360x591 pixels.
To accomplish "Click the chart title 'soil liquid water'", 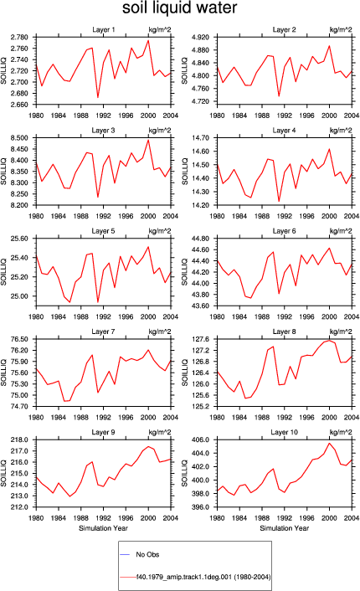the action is [x=179, y=8].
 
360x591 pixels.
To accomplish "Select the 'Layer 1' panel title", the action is [x=104, y=29].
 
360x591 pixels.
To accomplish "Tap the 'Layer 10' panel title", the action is [x=284, y=432].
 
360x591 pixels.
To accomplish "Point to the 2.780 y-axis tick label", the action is [x=19, y=37].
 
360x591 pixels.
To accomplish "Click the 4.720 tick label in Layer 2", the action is [x=201, y=101].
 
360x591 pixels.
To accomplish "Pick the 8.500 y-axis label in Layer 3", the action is [x=19, y=138].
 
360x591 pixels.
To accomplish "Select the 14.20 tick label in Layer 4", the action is [x=201, y=205].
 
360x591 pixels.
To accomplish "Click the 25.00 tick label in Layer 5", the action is [x=19, y=296].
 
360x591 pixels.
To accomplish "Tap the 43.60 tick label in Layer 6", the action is [x=201, y=306].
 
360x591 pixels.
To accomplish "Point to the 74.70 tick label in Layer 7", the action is [x=19, y=406].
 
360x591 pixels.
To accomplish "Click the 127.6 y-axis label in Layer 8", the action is [x=201, y=339].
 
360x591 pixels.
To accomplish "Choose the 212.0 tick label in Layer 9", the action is [x=19, y=507].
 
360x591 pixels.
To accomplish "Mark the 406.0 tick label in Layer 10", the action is [x=201, y=439].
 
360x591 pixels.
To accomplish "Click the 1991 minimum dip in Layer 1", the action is [x=98, y=98].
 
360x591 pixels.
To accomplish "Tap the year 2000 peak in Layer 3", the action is [x=148, y=140].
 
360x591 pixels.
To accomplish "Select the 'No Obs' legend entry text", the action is [x=147, y=554].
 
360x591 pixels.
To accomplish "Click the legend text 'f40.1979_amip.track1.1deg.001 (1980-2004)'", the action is [x=203, y=577].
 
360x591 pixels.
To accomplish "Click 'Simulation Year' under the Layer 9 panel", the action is [x=103, y=528].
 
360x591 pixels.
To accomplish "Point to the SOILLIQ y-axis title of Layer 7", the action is [x=4, y=373].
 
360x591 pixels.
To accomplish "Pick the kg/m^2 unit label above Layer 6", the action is [x=341, y=231].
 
